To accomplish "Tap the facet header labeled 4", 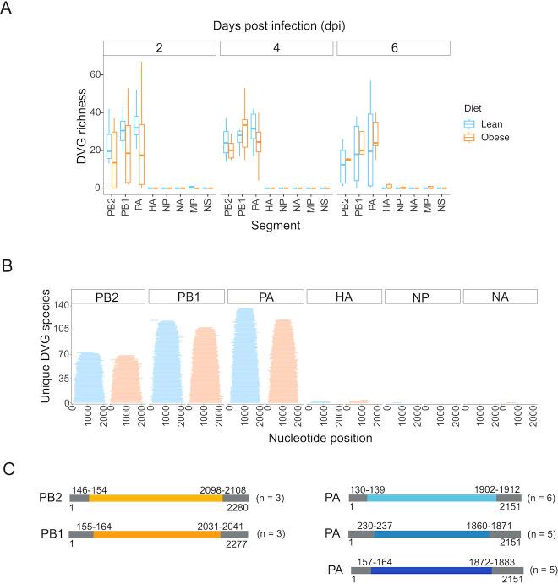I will [x=276, y=47].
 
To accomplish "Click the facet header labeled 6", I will [x=393, y=47].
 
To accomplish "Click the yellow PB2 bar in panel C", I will [x=156, y=499].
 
